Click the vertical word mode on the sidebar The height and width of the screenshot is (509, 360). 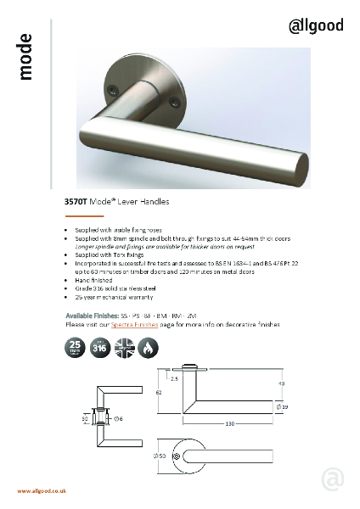[26, 57]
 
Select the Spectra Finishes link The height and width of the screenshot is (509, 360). [136, 325]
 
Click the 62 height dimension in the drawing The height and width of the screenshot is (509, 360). [159, 392]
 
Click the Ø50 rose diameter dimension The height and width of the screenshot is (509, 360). [159, 456]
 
